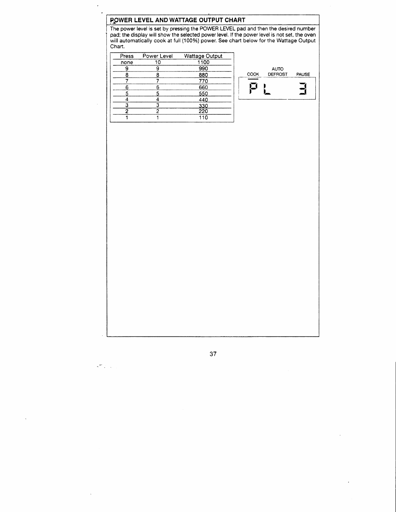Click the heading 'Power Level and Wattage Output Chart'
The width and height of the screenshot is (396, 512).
pyautogui.click(x=177, y=20)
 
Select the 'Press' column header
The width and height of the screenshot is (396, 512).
pyautogui.click(x=126, y=56)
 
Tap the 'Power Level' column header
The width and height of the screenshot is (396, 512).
pyautogui.click(x=158, y=56)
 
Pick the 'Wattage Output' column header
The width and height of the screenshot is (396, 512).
pyautogui.click(x=203, y=56)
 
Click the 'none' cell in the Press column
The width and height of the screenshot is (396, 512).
pyautogui.click(x=126, y=62)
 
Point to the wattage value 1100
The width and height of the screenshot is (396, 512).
pyautogui.click(x=203, y=62)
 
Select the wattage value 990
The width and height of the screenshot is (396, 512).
pyautogui.click(x=203, y=69)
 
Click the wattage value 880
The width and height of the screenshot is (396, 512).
pyautogui.click(x=203, y=75)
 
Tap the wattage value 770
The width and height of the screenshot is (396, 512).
pyautogui.click(x=203, y=81)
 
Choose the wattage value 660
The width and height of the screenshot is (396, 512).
pyautogui.click(x=203, y=87)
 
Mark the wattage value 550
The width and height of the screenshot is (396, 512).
pyautogui.click(x=203, y=94)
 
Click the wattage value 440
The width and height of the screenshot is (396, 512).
pyautogui.click(x=203, y=100)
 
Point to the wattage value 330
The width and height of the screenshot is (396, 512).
pyautogui.click(x=203, y=106)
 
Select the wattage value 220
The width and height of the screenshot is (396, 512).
pyautogui.click(x=203, y=111)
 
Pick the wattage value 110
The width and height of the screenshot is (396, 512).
pyautogui.click(x=203, y=118)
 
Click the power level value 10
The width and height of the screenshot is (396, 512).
pyautogui.click(x=158, y=62)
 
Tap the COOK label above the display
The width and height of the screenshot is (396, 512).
pyautogui.click(x=253, y=74)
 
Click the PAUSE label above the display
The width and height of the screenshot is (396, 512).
pyautogui.click(x=303, y=74)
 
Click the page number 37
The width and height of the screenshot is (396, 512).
pyautogui.click(x=213, y=354)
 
